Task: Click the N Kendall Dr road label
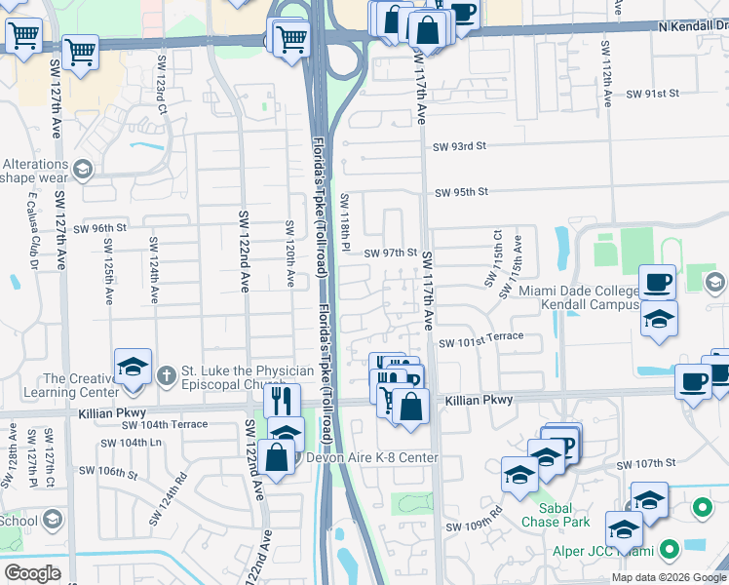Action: pos(693,26)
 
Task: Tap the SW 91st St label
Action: pos(652,94)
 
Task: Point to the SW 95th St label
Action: pos(461,192)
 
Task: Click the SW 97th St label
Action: pos(391,253)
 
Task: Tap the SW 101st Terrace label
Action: pos(480,341)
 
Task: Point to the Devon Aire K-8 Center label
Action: pos(371,458)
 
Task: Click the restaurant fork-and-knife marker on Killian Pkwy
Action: pos(281,400)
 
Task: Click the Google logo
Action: pos(32,572)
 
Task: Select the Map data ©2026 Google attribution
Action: pos(668,577)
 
